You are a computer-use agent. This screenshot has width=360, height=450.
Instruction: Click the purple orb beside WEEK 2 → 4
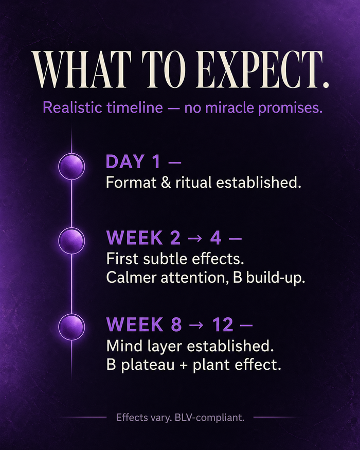coord(71,240)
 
